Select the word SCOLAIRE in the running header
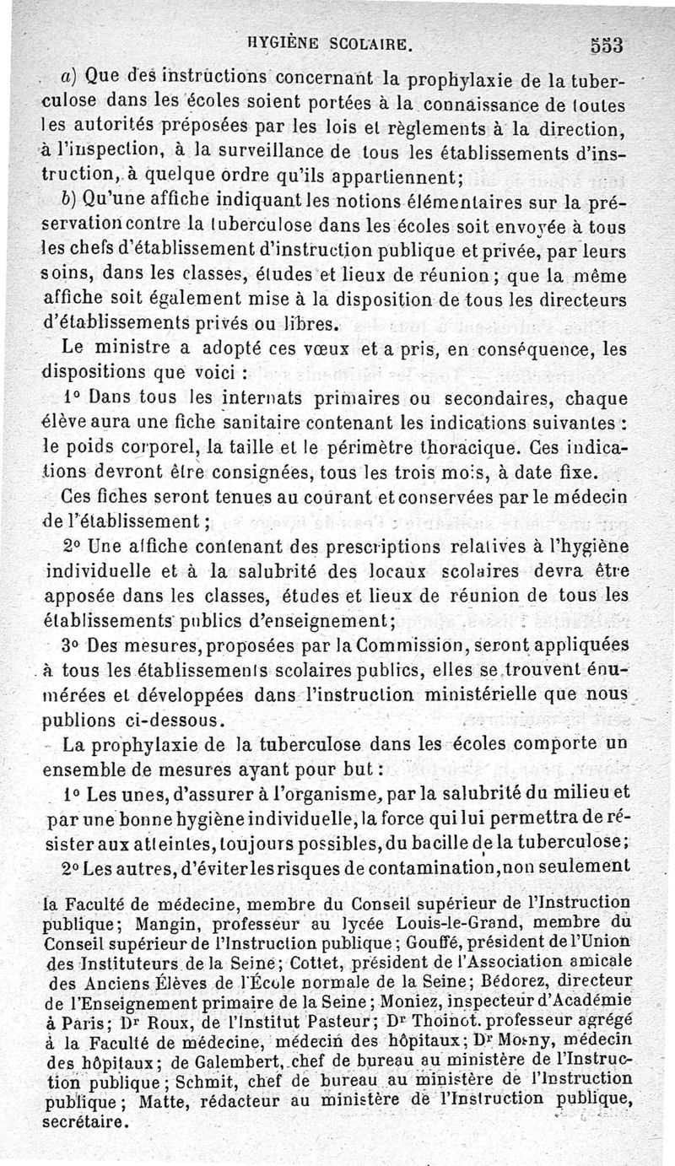[370, 40]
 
